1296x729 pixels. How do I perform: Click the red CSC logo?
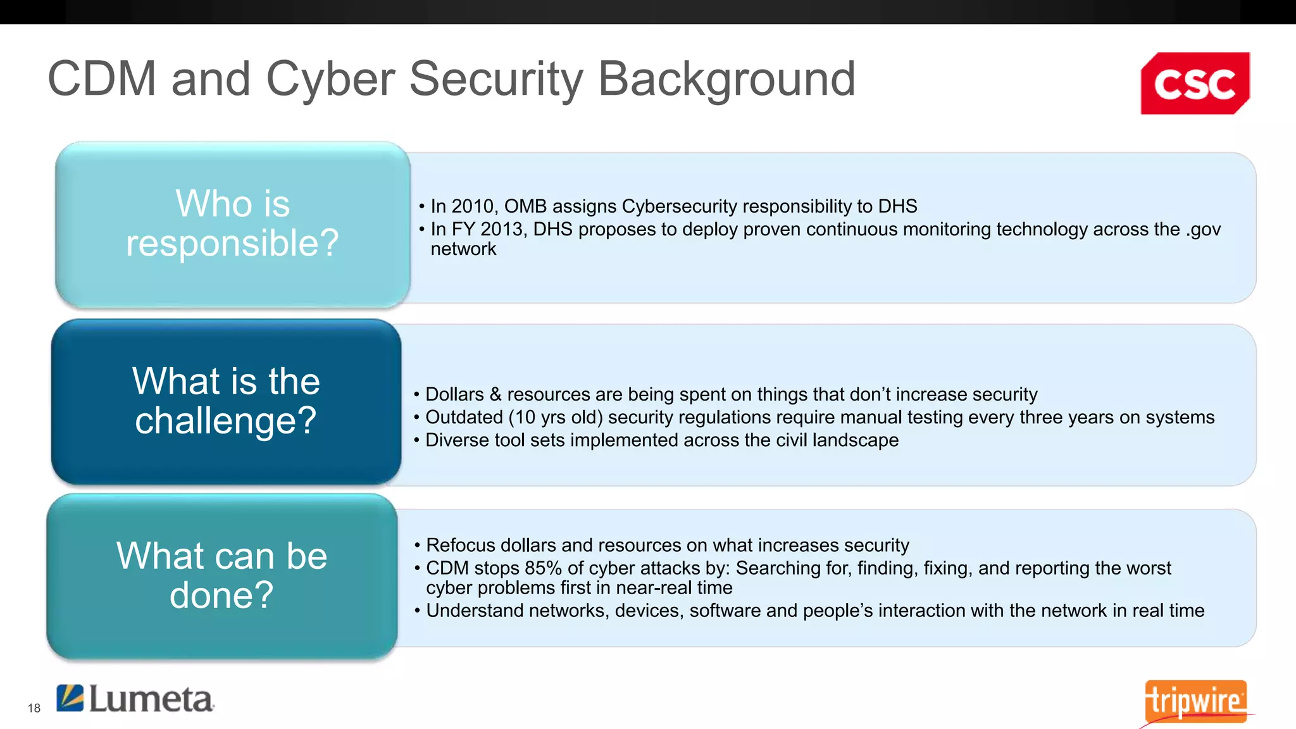coord(1195,84)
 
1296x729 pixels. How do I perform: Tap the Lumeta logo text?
coord(151,699)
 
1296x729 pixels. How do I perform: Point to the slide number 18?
coord(34,708)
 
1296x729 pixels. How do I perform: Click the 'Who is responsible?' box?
coord(232,223)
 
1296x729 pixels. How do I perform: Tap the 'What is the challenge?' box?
coord(226,401)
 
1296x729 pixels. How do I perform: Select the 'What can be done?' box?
coord(221,576)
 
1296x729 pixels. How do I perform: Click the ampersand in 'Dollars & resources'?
coord(495,394)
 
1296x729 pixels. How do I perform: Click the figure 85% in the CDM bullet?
coord(542,568)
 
